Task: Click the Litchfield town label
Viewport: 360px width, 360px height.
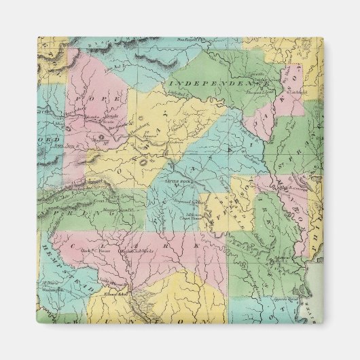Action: [x=300, y=91]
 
